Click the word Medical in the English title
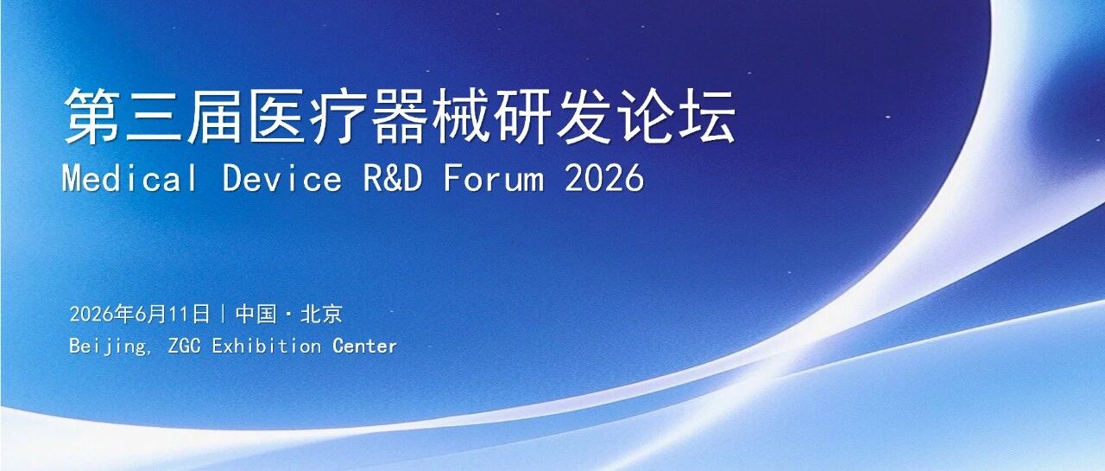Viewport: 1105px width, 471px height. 129,178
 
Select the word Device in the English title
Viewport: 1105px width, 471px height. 281,178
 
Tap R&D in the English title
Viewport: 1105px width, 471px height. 393,178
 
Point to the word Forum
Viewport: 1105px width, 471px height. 493,178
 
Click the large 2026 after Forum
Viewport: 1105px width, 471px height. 604,178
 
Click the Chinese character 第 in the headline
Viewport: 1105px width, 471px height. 92,117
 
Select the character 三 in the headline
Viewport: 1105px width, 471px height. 154,117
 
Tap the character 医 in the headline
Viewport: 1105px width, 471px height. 275,117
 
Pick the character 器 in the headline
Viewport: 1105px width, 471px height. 399,117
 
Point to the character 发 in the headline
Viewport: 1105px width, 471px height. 584,117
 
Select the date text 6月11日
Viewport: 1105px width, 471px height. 172,314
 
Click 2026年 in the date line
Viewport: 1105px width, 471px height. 102,314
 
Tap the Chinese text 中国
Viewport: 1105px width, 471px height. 256,314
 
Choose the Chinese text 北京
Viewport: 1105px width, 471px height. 321,314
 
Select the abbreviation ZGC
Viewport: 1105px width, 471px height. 185,346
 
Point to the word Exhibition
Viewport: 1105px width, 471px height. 267,346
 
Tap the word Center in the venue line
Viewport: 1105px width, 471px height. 364,346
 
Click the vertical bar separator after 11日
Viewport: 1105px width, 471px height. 223,314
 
